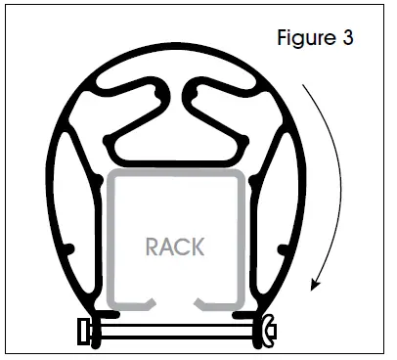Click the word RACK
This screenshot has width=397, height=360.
tap(175, 247)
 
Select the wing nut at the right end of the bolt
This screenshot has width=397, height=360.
tap(267, 331)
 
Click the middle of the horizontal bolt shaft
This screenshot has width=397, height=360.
tap(175, 333)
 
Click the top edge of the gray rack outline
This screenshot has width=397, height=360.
tap(175, 173)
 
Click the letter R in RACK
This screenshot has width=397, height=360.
tap(153, 247)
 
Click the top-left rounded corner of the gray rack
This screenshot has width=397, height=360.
tap(113, 177)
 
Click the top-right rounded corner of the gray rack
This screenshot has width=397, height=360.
tap(237, 177)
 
